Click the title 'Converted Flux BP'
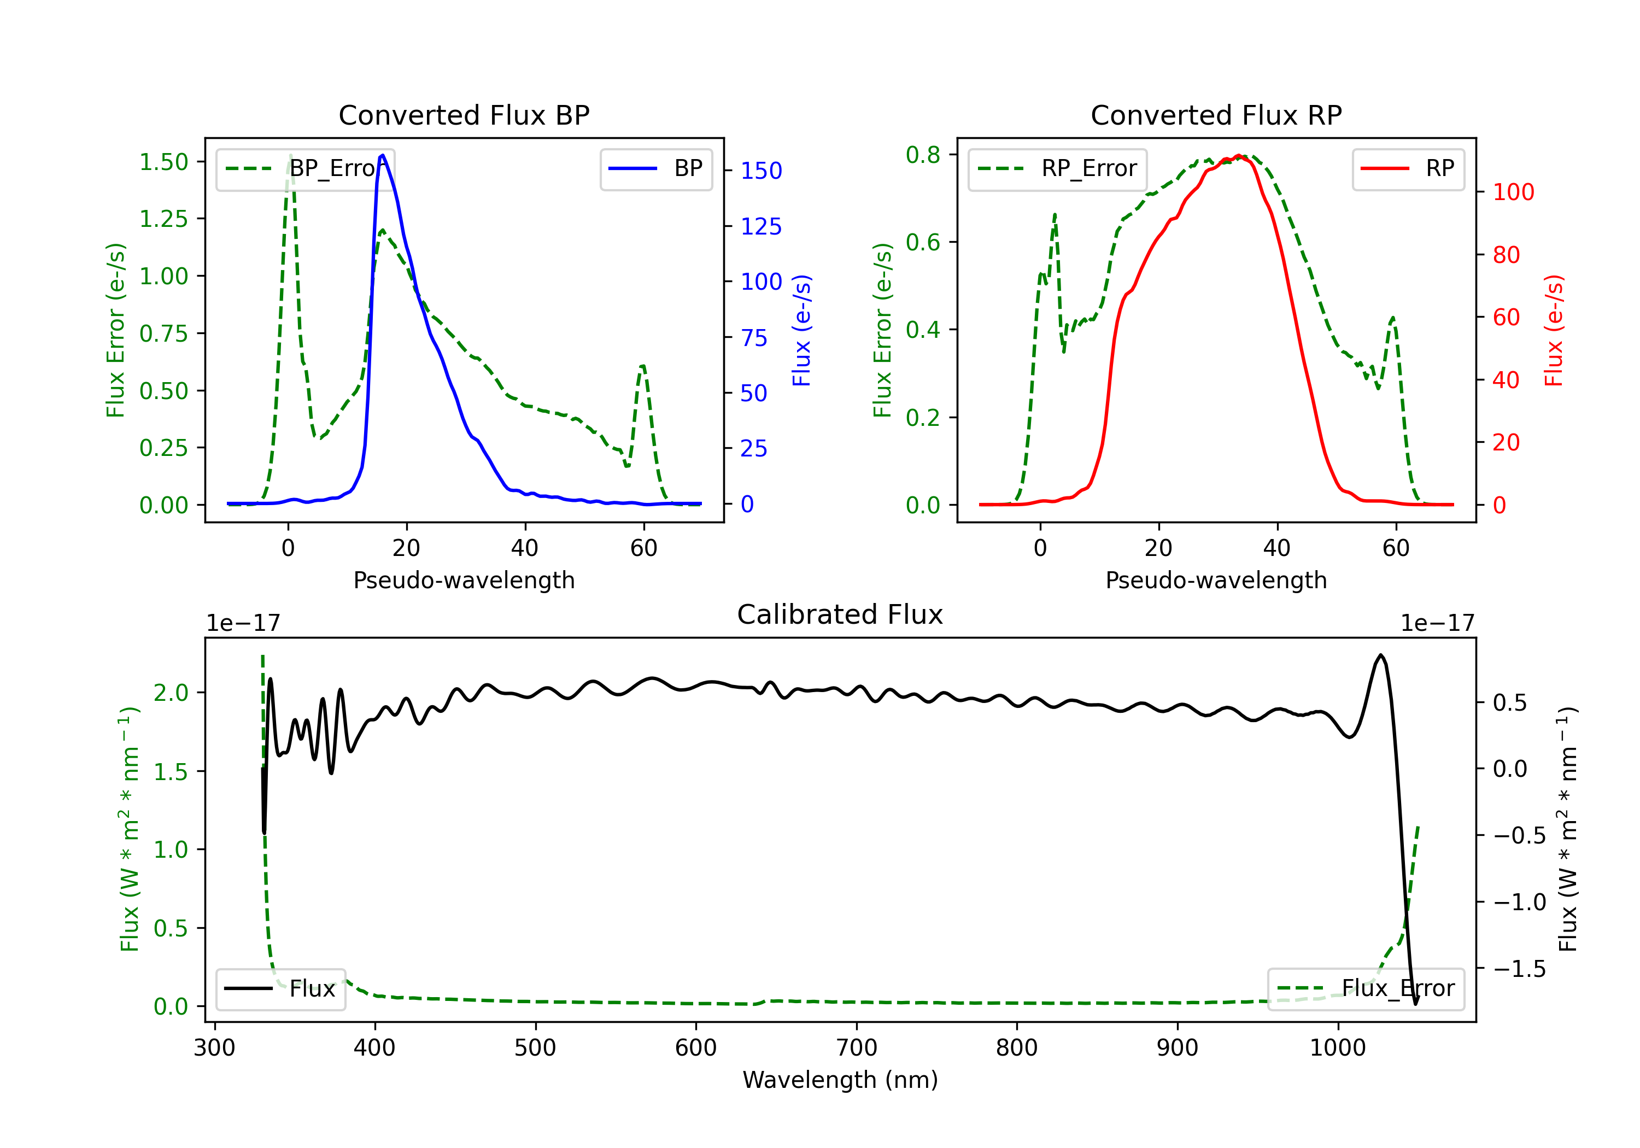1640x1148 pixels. point(464,115)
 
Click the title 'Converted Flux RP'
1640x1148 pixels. point(1216,115)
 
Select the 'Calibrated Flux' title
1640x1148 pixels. point(840,614)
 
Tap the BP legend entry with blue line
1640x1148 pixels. point(655,168)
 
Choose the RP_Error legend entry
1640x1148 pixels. point(1057,168)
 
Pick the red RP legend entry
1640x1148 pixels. point(1408,168)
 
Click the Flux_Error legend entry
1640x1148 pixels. point(1366,989)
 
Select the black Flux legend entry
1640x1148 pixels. point(281,989)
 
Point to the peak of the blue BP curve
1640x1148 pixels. point(383,155)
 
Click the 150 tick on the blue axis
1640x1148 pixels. point(761,171)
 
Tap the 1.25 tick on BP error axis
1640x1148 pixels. point(163,219)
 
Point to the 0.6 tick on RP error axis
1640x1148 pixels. point(923,242)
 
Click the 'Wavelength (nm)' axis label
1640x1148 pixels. point(840,1080)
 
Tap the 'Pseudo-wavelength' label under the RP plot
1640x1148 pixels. point(1216,580)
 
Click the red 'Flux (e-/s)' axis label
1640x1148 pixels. point(1554,330)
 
